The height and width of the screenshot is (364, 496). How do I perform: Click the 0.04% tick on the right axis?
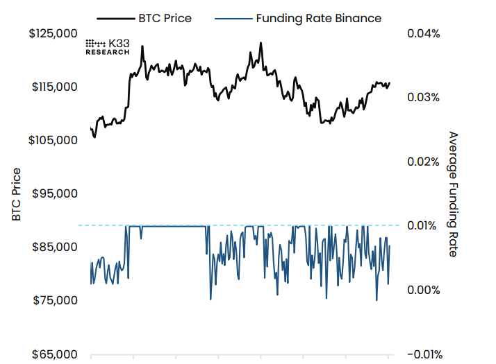[x=422, y=33]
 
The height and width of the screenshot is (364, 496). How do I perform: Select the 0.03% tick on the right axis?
[x=422, y=97]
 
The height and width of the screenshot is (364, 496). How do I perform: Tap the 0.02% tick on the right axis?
[x=422, y=162]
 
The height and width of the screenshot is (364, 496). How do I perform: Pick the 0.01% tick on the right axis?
[x=422, y=225]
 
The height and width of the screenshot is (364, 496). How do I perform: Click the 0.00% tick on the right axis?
[x=422, y=290]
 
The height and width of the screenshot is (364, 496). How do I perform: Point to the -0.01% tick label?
[x=422, y=354]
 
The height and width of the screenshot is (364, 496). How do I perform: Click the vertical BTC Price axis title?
[x=15, y=194]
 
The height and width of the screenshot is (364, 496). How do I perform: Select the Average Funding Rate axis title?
[x=453, y=194]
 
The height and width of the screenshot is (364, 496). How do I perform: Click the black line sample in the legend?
[x=111, y=18]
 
